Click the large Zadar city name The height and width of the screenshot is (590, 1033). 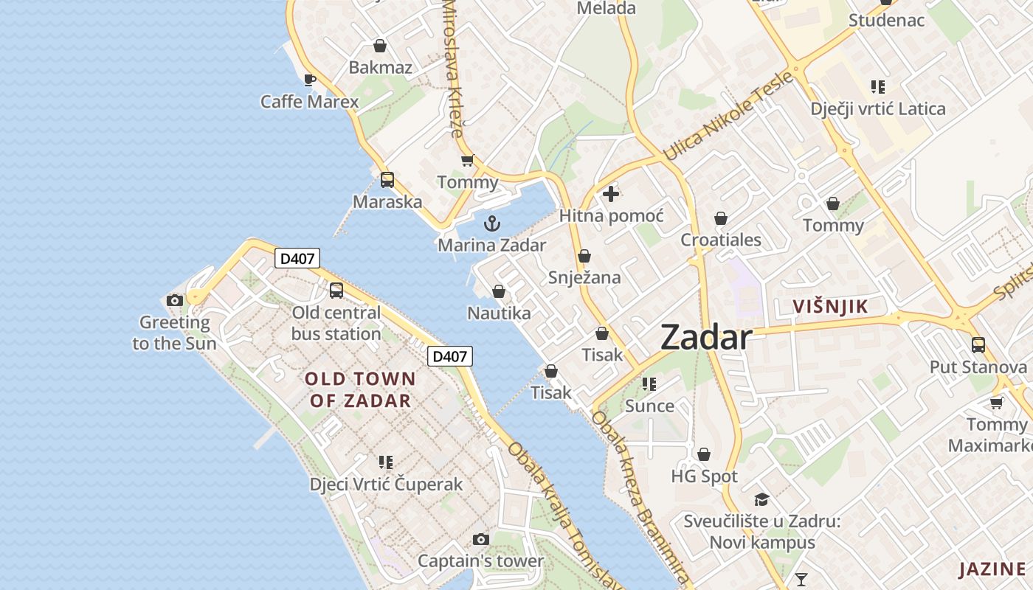[x=706, y=338]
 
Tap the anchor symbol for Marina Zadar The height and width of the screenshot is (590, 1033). [x=492, y=223]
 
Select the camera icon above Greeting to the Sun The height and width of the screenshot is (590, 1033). [x=175, y=300]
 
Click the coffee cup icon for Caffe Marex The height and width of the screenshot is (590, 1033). [x=310, y=80]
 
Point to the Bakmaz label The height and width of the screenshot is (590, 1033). [x=380, y=67]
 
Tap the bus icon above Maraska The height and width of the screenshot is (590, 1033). [x=387, y=179]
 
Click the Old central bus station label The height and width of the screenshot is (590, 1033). [x=336, y=323]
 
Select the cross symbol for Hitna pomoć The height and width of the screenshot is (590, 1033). [x=611, y=194]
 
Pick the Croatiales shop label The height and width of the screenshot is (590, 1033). [x=721, y=240]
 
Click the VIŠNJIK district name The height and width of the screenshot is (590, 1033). [x=830, y=307]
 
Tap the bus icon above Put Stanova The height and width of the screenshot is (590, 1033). [x=978, y=344]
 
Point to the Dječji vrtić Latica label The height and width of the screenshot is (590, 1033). [x=878, y=109]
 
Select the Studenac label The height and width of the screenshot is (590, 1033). [x=886, y=20]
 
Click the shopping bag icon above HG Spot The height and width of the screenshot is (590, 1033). [x=704, y=454]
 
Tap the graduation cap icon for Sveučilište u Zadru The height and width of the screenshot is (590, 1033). [x=762, y=499]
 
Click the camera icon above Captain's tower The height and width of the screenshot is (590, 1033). [x=480, y=539]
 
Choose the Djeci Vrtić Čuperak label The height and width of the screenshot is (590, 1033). [x=386, y=484]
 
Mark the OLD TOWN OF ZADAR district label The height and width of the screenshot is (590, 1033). [x=360, y=389]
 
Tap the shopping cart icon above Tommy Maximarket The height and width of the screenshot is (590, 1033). [x=997, y=402]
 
